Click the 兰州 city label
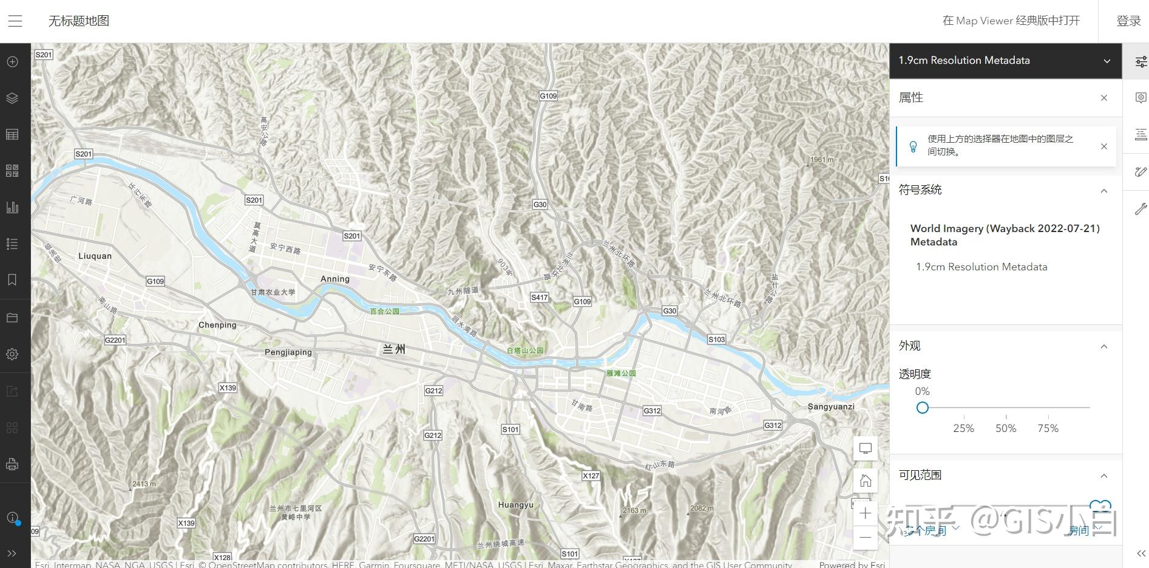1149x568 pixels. pyautogui.click(x=394, y=349)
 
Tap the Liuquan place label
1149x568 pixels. pyautogui.click(x=95, y=256)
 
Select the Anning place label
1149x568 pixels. pyautogui.click(x=335, y=279)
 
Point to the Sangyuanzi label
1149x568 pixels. pyautogui.click(x=831, y=406)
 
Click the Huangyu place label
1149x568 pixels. pyautogui.click(x=515, y=505)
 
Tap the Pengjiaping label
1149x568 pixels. pyautogui.click(x=288, y=352)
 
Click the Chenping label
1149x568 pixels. pyautogui.click(x=217, y=325)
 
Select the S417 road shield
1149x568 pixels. pyautogui.click(x=539, y=297)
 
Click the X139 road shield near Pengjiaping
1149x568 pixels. pyautogui.click(x=228, y=388)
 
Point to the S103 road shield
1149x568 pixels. pyautogui.click(x=716, y=339)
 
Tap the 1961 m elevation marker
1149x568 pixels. pyautogui.click(x=822, y=160)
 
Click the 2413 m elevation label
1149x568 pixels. pyautogui.click(x=144, y=484)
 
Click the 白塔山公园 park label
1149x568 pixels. pyautogui.click(x=525, y=351)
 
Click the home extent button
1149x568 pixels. pyautogui.click(x=866, y=481)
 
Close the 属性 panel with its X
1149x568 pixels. pyautogui.click(x=1104, y=98)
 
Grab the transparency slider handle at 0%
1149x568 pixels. pyautogui.click(x=923, y=408)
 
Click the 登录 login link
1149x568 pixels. pyautogui.click(x=1128, y=21)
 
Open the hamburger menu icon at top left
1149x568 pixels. pyautogui.click(x=15, y=21)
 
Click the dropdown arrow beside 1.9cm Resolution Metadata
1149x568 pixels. pyautogui.click(x=1107, y=61)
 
